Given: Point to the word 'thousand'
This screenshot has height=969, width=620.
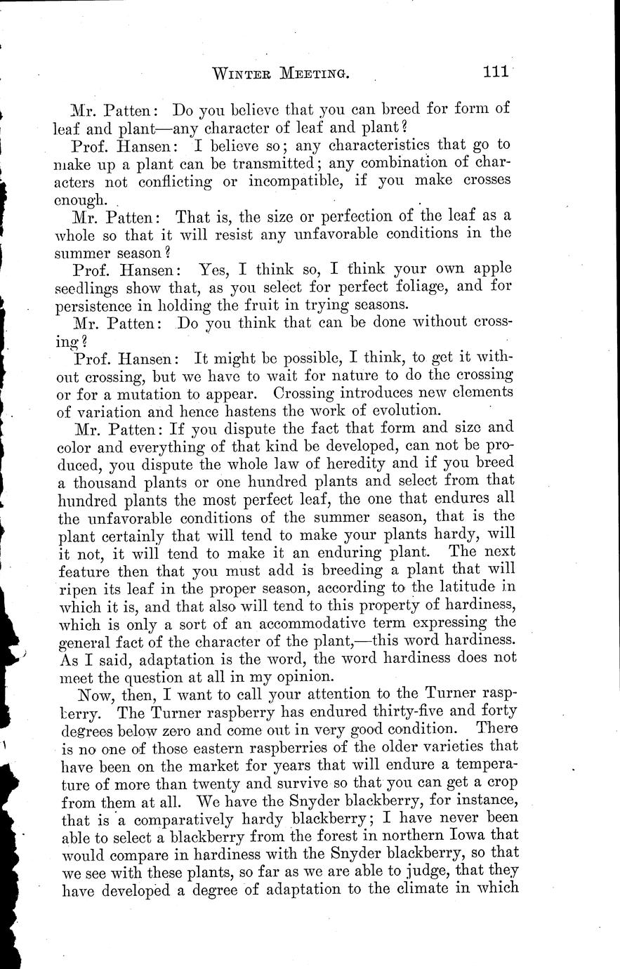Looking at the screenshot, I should (102, 482).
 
